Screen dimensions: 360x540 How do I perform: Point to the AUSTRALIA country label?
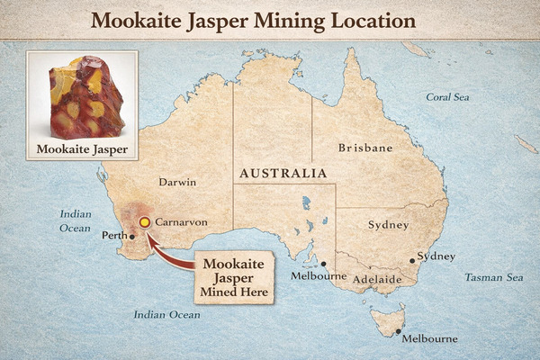[283, 172]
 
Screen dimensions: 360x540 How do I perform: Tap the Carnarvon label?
[183, 221]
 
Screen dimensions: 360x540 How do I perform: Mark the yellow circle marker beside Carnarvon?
[144, 222]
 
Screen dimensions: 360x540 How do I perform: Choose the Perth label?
[113, 238]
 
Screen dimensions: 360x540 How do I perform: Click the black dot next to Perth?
[132, 238]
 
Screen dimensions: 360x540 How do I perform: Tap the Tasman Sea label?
[493, 278]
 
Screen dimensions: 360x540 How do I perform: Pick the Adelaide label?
[376, 280]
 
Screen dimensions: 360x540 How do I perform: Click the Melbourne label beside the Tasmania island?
[429, 338]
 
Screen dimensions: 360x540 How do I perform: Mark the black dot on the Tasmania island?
[398, 332]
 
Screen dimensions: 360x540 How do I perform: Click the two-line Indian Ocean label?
[76, 221]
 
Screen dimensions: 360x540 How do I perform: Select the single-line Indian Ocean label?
[166, 315]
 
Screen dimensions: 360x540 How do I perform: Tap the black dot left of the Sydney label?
[412, 261]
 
